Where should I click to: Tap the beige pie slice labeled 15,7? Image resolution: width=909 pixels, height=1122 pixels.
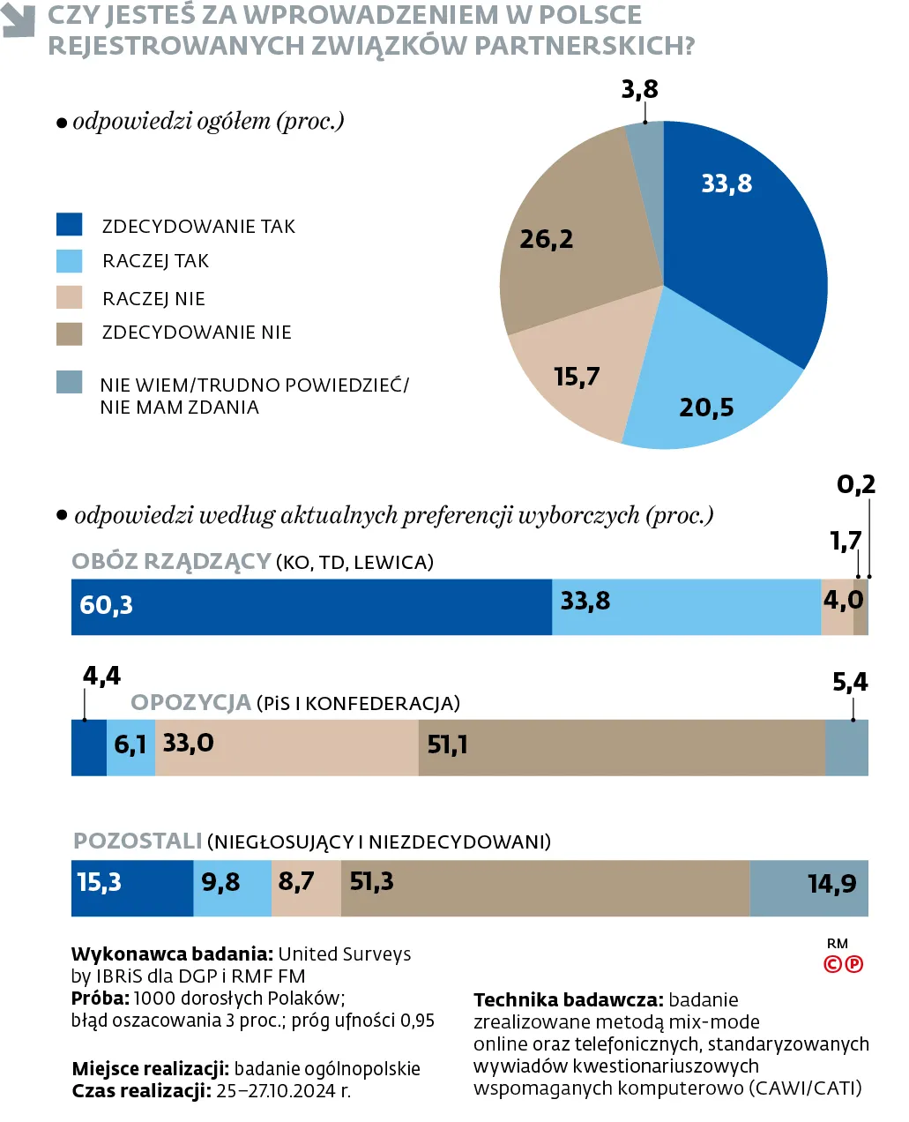click(577, 375)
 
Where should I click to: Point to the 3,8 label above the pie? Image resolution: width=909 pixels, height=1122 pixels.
click(639, 89)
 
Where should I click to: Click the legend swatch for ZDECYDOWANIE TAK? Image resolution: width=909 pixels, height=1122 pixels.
click(69, 225)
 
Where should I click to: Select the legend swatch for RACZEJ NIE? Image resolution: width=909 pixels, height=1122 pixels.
click(69, 297)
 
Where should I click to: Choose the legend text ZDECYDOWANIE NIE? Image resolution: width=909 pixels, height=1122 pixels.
click(197, 333)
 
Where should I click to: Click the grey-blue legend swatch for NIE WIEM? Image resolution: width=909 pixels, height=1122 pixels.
click(69, 382)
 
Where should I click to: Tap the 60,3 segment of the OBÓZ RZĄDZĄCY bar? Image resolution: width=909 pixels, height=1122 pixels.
click(309, 607)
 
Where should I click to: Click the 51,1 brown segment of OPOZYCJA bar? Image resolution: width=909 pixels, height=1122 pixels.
click(622, 747)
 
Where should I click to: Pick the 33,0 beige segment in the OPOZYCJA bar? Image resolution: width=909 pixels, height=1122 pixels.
click(287, 747)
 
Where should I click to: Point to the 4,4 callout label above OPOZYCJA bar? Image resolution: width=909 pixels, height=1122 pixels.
click(101, 676)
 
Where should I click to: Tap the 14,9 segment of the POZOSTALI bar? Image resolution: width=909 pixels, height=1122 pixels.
click(809, 888)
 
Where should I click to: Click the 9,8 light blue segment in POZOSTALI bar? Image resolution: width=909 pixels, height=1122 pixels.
click(232, 888)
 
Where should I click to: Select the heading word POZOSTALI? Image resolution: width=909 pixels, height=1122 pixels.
click(138, 841)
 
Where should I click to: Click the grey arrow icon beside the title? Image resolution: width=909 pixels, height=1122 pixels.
click(19, 22)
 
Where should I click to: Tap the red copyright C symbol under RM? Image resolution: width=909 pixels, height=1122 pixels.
click(831, 964)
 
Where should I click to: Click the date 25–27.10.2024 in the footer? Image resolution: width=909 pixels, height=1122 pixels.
click(283, 1091)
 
